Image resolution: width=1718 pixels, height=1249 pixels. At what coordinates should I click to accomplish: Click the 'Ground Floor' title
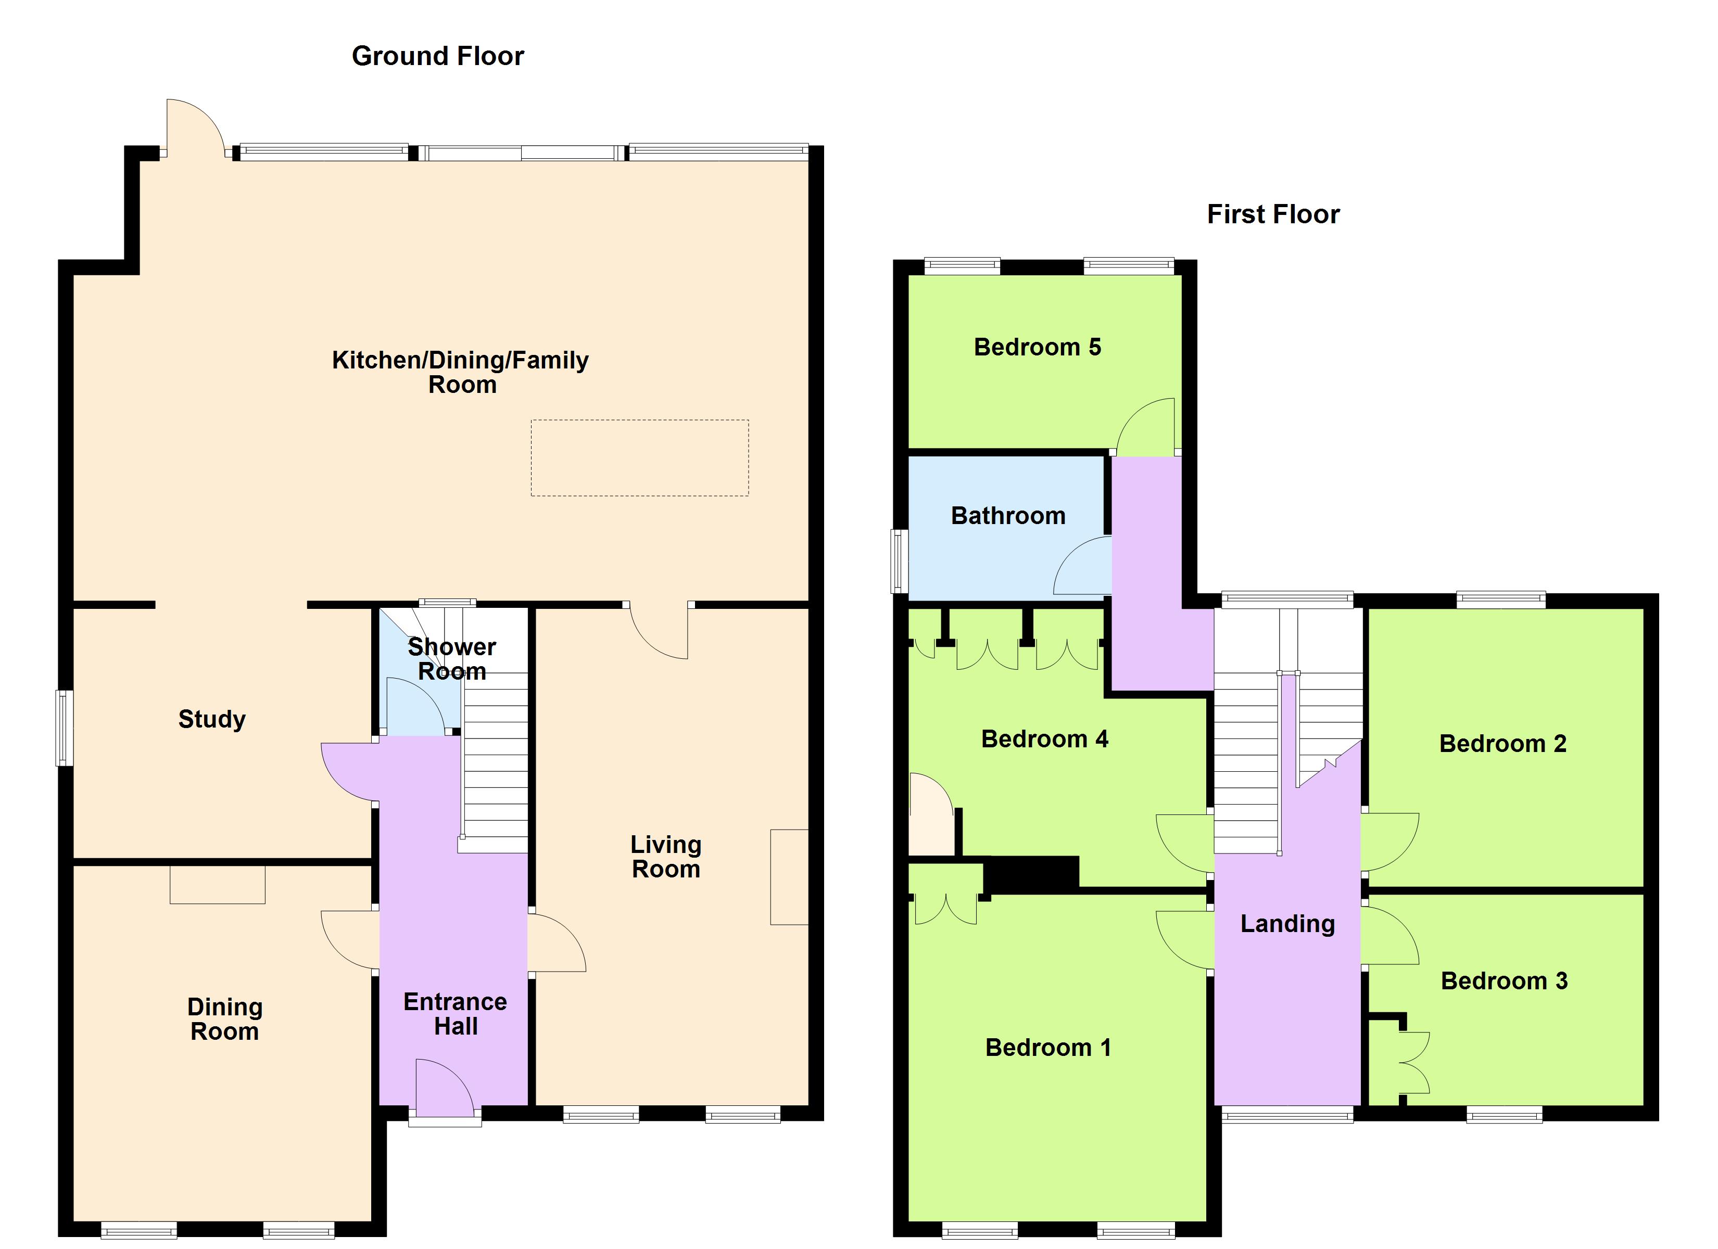point(437,56)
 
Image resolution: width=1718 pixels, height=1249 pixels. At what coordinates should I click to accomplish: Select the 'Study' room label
point(211,719)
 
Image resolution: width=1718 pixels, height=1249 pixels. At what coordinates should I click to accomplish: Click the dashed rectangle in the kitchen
point(639,458)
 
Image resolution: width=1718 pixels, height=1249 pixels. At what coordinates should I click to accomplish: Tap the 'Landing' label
point(1287,923)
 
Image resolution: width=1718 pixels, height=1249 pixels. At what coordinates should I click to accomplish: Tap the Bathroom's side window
point(899,560)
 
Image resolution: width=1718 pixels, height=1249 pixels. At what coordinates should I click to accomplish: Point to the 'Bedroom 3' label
point(1504,981)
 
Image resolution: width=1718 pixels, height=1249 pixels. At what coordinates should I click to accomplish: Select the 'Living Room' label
point(665,857)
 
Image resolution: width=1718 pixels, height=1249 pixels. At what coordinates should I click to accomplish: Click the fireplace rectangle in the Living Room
point(789,877)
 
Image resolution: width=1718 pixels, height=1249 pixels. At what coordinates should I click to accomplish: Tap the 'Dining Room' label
point(224,1019)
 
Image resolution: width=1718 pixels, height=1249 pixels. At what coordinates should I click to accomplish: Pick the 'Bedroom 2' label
point(1502,744)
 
